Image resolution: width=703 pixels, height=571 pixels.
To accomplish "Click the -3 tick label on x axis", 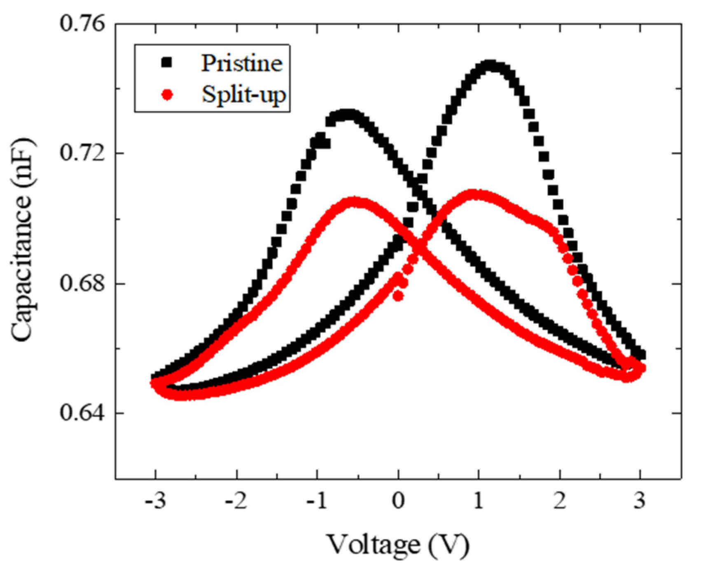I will tap(155, 502).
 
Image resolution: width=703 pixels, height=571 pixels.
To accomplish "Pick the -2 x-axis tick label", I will tap(236, 502).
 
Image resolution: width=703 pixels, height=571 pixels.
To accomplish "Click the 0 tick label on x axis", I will tap(398, 502).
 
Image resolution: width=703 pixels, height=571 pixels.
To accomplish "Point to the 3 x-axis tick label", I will tap(640, 502).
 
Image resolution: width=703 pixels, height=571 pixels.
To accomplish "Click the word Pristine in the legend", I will tap(242, 63).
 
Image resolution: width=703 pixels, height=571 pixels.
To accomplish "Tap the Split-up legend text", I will tap(243, 95).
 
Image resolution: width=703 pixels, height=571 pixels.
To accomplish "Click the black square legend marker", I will tap(167, 63).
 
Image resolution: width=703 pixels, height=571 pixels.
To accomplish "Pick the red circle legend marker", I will tap(167, 95).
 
